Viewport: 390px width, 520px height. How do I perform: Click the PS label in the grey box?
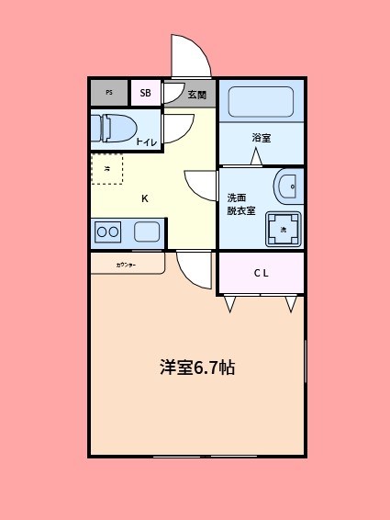click(109, 93)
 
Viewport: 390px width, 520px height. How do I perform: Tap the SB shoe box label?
click(145, 93)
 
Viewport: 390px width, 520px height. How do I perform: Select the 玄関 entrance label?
click(196, 94)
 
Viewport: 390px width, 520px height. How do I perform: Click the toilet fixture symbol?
click(116, 127)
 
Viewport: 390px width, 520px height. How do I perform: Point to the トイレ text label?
click(146, 141)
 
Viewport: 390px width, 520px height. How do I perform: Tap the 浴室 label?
click(262, 139)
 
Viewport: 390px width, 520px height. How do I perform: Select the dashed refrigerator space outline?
click(106, 168)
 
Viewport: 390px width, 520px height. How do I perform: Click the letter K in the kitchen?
click(144, 198)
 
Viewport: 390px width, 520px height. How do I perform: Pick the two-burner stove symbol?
click(107, 232)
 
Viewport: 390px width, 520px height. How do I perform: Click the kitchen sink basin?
click(147, 232)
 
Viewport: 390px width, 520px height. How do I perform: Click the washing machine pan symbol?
click(283, 229)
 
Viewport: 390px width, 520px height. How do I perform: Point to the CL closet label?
click(261, 273)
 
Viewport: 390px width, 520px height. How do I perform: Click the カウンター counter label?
click(126, 265)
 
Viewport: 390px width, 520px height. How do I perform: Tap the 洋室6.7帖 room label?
click(197, 367)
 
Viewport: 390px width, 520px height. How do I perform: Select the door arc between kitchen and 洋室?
click(195, 268)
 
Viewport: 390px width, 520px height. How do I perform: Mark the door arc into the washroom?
click(201, 186)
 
